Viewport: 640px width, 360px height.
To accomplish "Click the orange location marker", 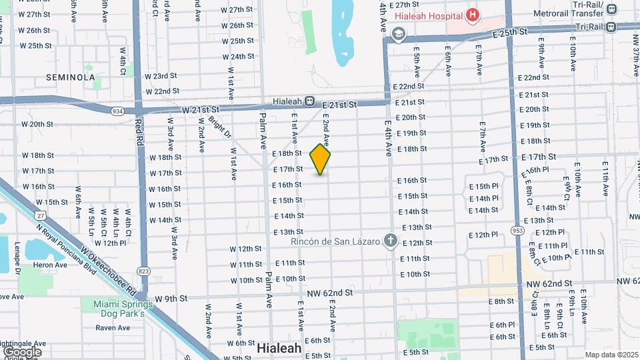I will coord(321,160).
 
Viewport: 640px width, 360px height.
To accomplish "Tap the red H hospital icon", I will coord(472,14).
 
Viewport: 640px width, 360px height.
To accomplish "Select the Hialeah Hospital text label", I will coord(428,15).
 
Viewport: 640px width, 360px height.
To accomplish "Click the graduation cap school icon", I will coord(399,34).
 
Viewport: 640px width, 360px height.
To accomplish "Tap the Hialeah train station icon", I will coord(310,101).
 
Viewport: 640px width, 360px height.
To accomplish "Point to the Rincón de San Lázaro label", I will coord(340,241).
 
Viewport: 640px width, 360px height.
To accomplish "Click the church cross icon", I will coord(391,241).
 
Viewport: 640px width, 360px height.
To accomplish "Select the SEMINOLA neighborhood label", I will coord(71,77).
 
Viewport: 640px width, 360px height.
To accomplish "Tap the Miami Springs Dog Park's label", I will coord(120,308).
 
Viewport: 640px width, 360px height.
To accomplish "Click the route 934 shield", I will coord(118,111).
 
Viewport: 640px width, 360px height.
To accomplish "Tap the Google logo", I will coord(22,351).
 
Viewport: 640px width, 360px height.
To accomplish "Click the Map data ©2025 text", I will coord(611,355).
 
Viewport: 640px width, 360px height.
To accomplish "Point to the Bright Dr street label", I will coord(219,128).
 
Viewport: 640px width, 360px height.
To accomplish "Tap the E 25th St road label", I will coord(510,31).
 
